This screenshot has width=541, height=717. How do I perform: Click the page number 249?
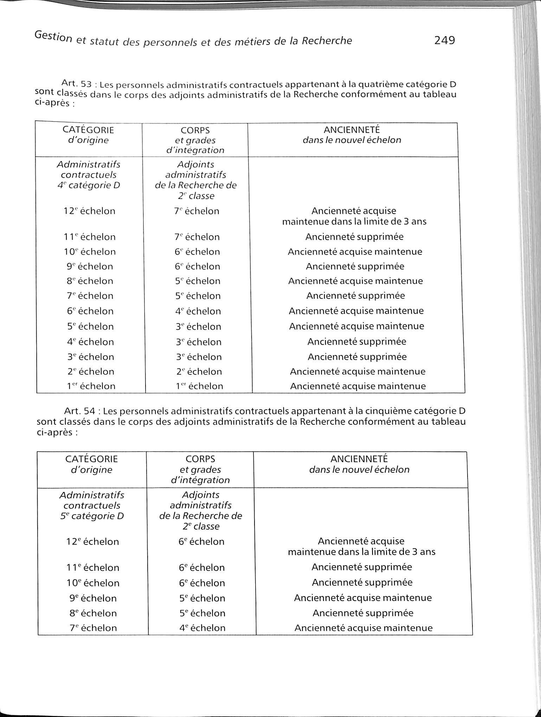coord(444,40)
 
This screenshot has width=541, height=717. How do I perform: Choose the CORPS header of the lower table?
coord(200,459)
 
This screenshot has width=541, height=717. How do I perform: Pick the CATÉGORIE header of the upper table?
coord(88,130)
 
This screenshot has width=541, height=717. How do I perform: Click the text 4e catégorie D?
coord(89,185)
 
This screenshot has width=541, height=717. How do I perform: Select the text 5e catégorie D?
coord(92,516)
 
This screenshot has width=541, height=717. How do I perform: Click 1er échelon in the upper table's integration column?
coord(199,386)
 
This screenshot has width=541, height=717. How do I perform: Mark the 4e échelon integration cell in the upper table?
coord(198,311)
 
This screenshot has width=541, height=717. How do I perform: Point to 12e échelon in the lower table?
coord(92,541)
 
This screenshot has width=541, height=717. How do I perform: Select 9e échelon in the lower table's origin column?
coord(93,598)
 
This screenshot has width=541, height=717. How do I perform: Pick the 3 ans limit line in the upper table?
coord(354,222)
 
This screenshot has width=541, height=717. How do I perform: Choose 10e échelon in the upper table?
coord(90,252)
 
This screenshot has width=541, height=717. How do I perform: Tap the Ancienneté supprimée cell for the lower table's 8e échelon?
coord(363,613)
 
